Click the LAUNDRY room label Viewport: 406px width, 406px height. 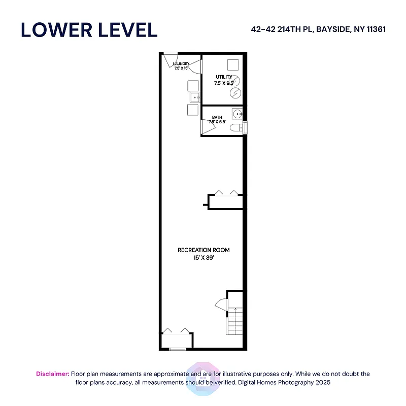click(181, 64)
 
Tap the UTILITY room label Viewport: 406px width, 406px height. click(223, 77)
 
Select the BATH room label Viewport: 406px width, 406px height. click(217, 117)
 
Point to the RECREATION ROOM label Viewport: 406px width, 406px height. click(204, 250)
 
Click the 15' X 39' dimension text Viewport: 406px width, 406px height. click(204, 258)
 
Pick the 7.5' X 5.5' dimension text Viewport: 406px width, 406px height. click(217, 122)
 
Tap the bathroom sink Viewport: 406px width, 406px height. click(237, 113)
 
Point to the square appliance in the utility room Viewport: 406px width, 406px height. click(232, 64)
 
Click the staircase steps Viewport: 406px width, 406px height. click(234, 321)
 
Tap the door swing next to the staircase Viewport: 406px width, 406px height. click(221, 304)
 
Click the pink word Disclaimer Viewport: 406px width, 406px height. click(52, 374)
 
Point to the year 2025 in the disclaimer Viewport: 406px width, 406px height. click(320, 382)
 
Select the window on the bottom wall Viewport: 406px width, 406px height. click(178, 349)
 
